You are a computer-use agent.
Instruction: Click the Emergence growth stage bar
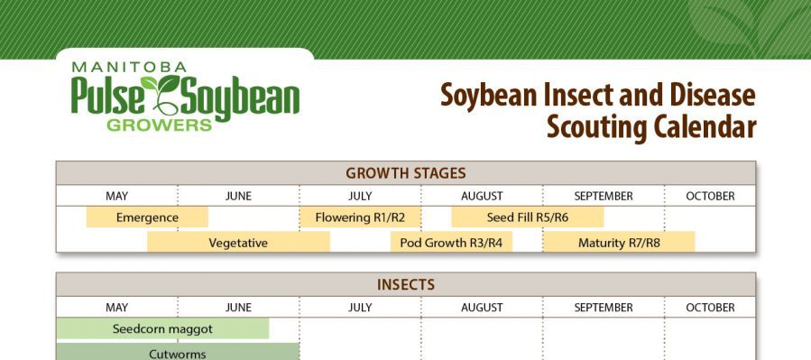(147, 217)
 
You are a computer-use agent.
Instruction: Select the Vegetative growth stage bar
(238, 242)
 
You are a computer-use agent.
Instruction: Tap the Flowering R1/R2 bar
(360, 217)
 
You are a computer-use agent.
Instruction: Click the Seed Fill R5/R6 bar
(528, 217)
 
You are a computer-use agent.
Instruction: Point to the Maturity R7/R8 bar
(619, 242)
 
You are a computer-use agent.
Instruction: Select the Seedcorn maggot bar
(162, 328)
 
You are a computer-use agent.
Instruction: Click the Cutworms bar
(178, 354)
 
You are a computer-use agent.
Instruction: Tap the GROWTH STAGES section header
(405, 173)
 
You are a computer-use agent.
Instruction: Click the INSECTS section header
(405, 285)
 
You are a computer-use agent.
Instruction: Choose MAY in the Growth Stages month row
(116, 196)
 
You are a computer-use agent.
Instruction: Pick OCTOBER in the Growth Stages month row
(710, 196)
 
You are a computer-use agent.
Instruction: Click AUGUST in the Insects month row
(482, 308)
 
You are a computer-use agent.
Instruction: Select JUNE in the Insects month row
(238, 308)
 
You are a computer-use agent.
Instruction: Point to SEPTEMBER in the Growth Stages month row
(604, 196)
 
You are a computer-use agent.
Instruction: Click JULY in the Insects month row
(360, 308)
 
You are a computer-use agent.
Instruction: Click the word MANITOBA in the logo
(128, 66)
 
